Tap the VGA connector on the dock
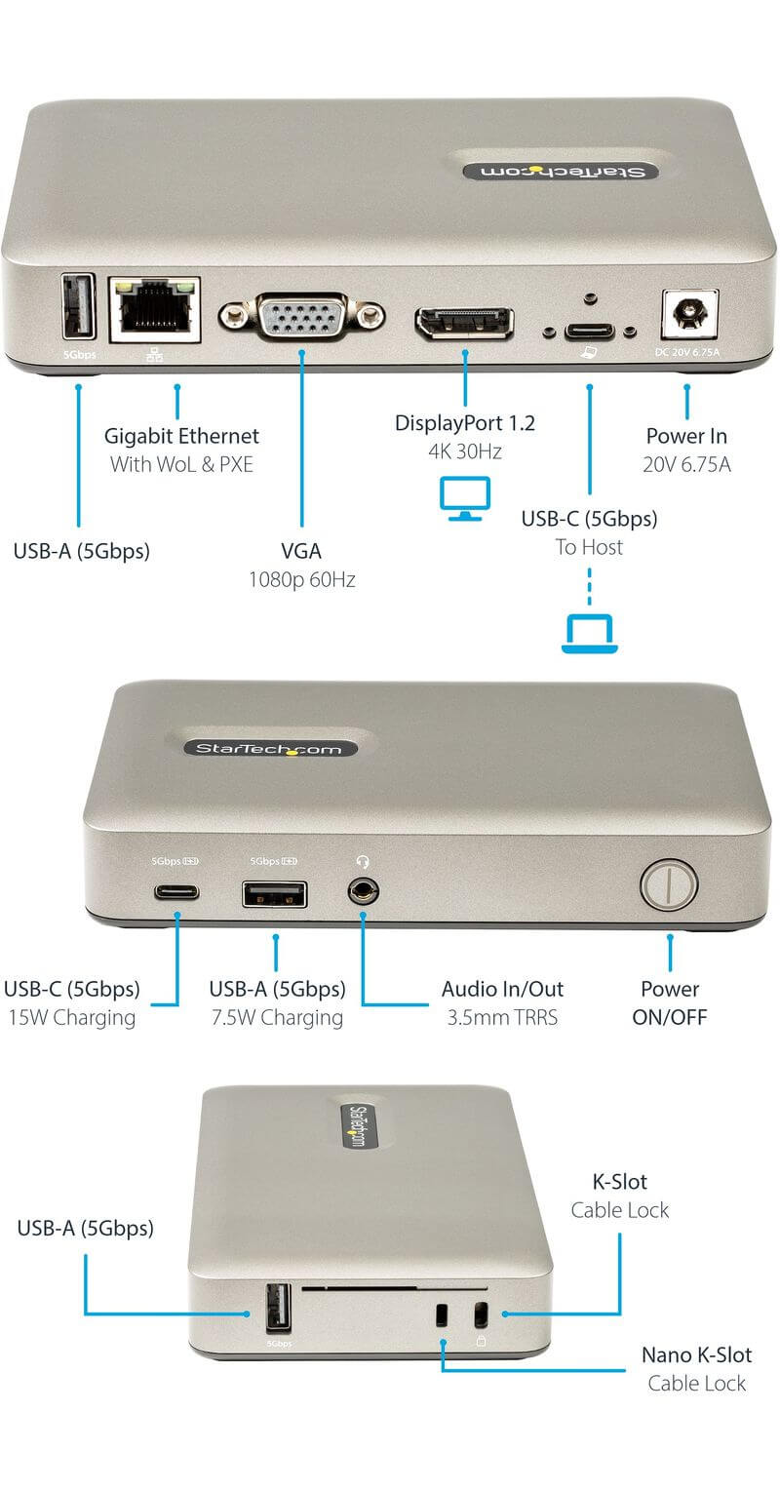[x=302, y=316]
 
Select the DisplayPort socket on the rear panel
[x=464, y=323]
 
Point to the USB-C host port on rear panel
[x=589, y=331]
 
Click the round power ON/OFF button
[x=669, y=884]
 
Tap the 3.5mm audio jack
[x=363, y=891]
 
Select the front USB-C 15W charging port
[x=176, y=891]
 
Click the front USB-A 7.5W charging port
[x=275, y=894]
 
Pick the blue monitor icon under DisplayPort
[x=465, y=498]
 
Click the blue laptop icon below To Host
[x=590, y=635]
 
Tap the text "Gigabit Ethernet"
[x=181, y=436]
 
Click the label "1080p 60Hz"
[x=302, y=580]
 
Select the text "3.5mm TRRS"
[x=503, y=1018]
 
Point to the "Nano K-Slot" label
[x=696, y=1355]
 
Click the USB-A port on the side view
[x=279, y=1309]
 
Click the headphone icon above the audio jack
[x=363, y=862]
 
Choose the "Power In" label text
[x=687, y=436]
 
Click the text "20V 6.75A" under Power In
[x=687, y=465]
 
